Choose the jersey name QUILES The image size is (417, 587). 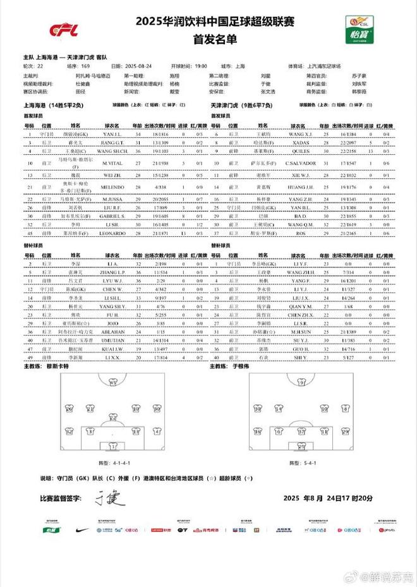(296, 152)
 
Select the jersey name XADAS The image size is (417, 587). (296, 143)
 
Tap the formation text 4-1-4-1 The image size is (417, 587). (111, 463)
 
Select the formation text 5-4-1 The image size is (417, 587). (300, 463)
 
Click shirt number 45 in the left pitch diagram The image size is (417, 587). (114, 382)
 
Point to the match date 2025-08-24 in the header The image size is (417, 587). (141, 66)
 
